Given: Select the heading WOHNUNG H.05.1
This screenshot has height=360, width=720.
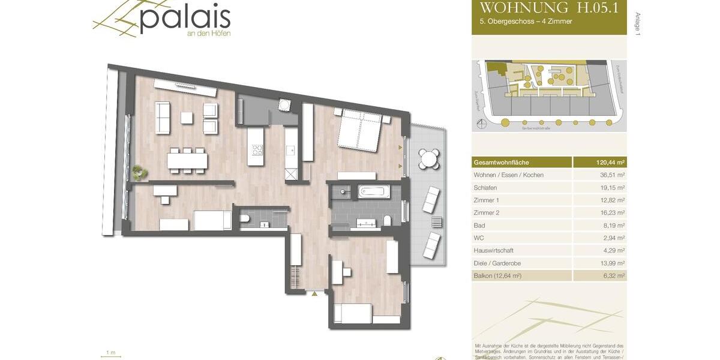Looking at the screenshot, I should tap(549, 8).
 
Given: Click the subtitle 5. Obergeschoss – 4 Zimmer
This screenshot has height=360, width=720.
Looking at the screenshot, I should tap(521, 22).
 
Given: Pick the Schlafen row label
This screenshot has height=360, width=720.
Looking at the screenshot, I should tap(486, 188).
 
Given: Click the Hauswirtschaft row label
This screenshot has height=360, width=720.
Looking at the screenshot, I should tap(493, 251).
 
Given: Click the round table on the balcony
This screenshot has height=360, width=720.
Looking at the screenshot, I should tap(428, 159).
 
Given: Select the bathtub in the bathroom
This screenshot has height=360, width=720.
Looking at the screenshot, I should tap(374, 193).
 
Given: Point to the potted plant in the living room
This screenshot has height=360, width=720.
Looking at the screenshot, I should tap(140, 173).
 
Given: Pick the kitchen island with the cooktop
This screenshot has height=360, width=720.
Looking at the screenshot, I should tap(256, 146).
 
